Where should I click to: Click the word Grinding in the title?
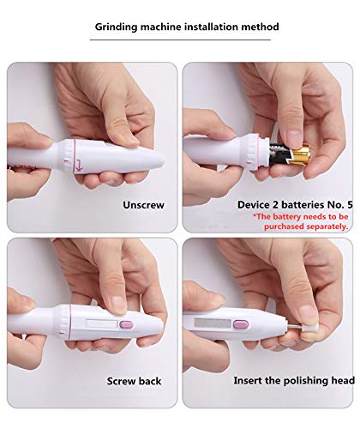(119, 27)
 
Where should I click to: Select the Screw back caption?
(136, 379)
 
